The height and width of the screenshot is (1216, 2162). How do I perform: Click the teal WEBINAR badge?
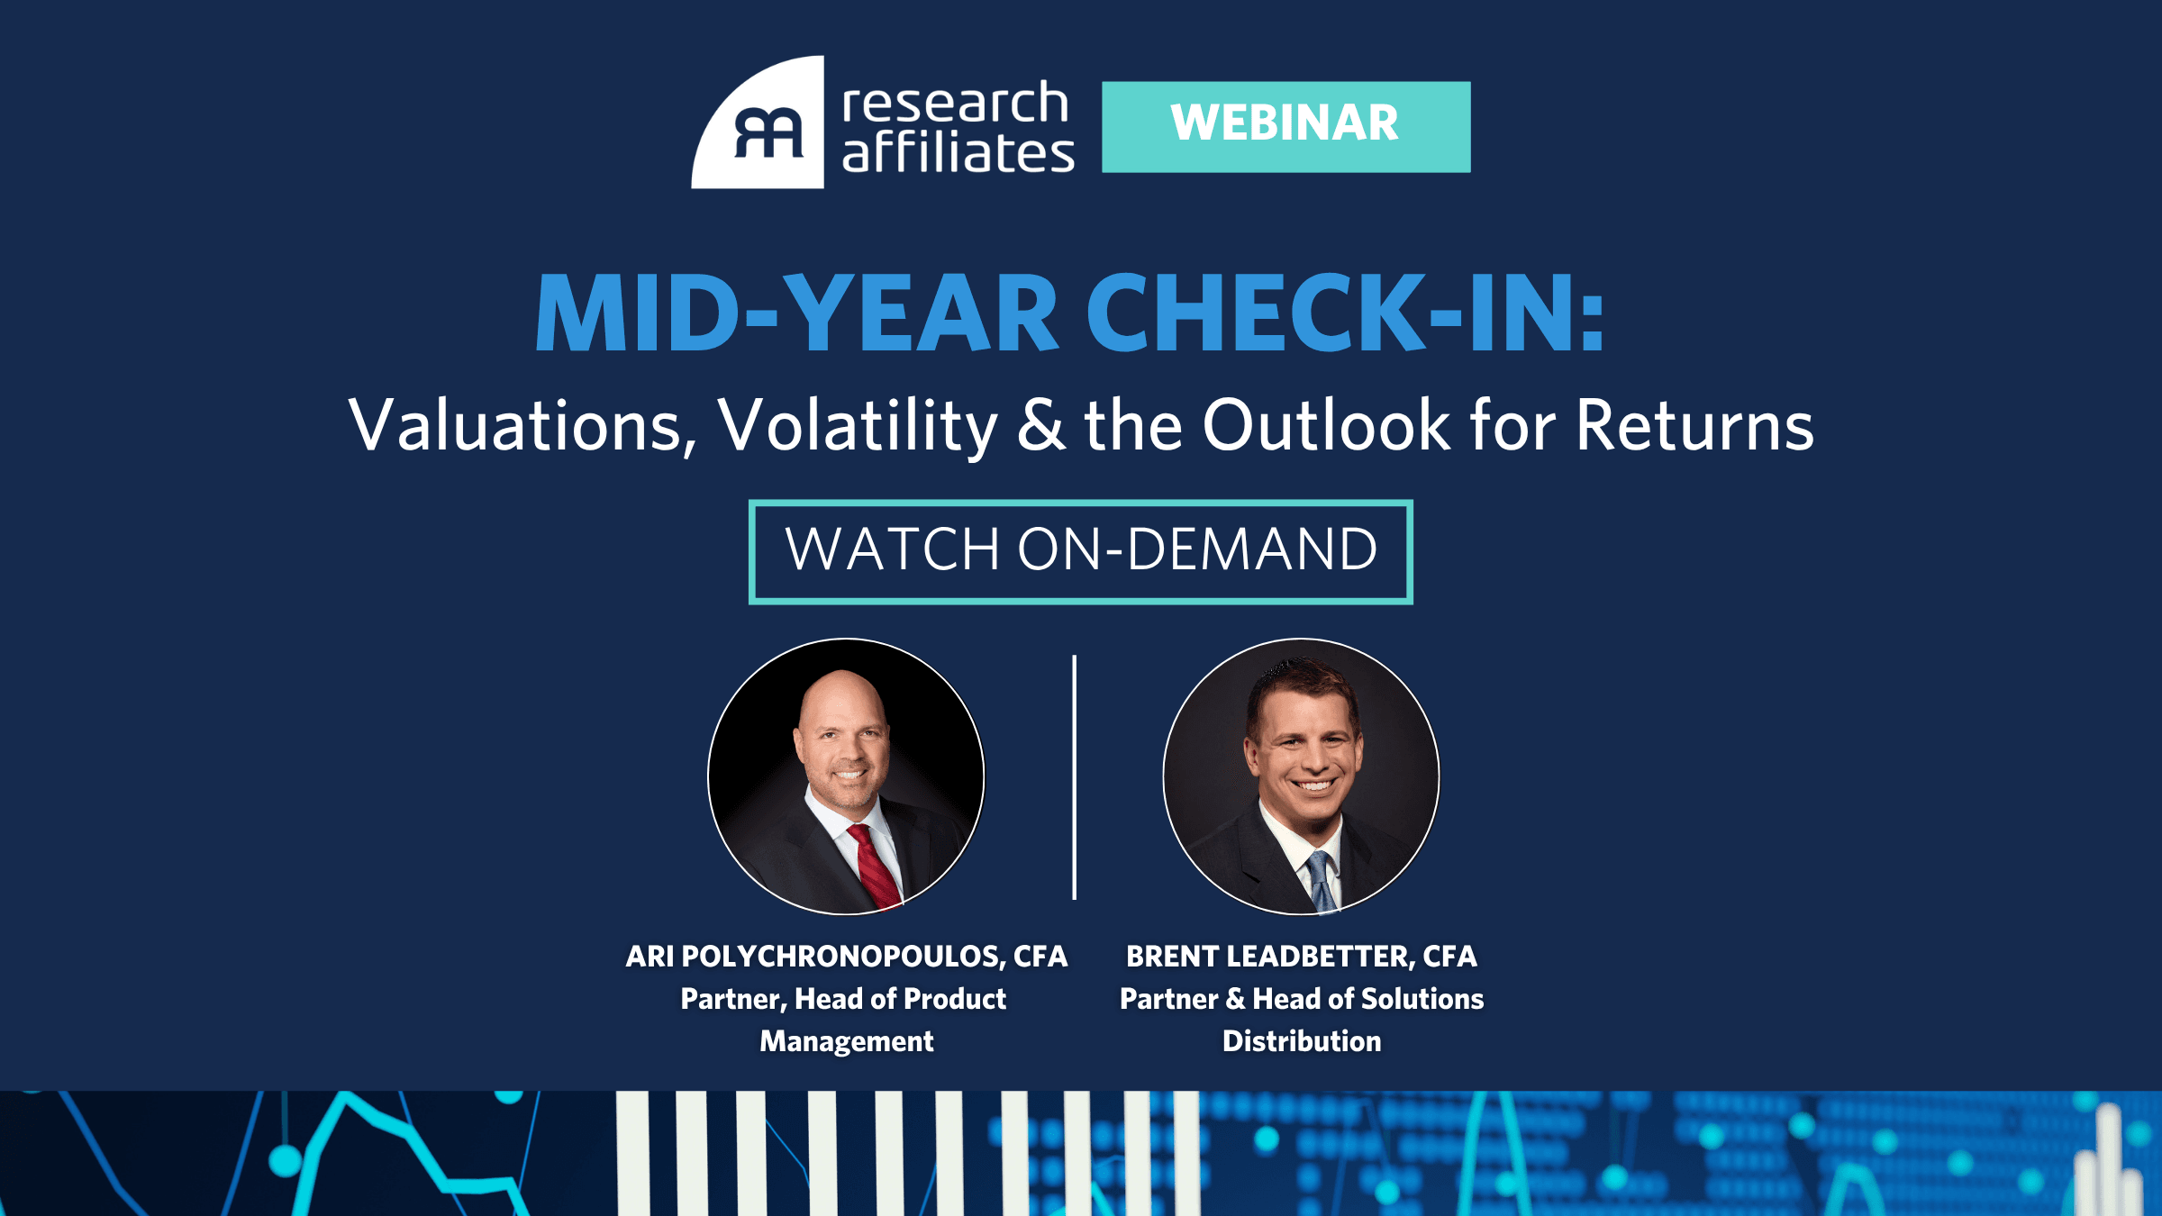[x=1285, y=126]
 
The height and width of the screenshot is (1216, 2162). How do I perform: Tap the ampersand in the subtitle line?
[x=1040, y=425]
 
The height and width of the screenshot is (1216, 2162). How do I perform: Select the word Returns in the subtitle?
[x=1694, y=425]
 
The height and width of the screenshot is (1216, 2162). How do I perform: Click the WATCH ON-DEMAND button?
[x=1080, y=550]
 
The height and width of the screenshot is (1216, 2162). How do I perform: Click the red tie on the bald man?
[x=873, y=865]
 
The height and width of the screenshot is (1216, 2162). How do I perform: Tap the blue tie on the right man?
[x=1320, y=879]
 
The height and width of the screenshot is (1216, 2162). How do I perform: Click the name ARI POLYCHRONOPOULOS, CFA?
[x=846, y=957]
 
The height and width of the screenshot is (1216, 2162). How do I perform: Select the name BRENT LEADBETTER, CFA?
[x=1301, y=957]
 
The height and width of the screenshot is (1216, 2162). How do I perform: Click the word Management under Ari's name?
[x=846, y=1041]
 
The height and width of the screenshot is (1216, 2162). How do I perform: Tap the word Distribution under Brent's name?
[x=1301, y=1041]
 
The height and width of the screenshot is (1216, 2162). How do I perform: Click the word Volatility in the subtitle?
[x=857, y=425]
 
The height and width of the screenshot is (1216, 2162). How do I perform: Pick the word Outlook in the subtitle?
[x=1326, y=425]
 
